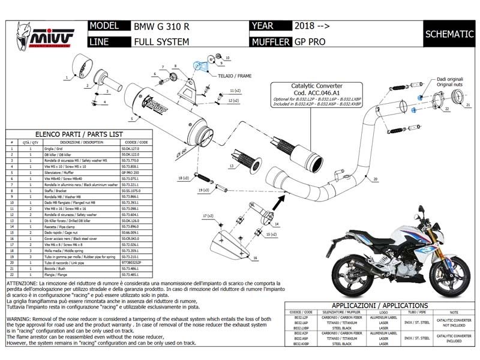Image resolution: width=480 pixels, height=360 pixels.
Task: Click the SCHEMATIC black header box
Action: click(x=449, y=34)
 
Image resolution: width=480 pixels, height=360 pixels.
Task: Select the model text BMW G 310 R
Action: click(x=161, y=26)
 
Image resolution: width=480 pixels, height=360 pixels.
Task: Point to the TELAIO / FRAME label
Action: click(x=236, y=76)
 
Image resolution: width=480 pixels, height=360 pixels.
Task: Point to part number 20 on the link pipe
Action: click(x=375, y=179)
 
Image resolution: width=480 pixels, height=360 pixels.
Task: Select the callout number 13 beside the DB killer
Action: click(x=231, y=165)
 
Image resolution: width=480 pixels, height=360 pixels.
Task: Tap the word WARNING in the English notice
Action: click(x=21, y=319)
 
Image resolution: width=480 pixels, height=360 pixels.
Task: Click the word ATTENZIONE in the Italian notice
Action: click(x=25, y=283)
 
